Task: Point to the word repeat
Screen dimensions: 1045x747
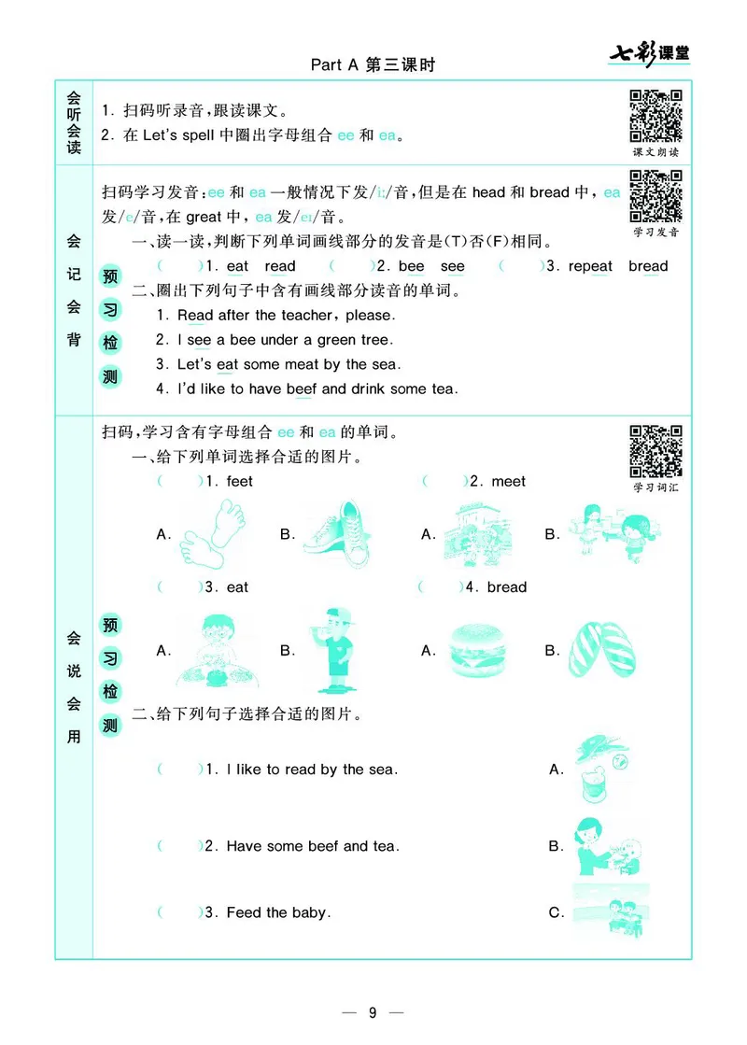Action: pyautogui.click(x=590, y=266)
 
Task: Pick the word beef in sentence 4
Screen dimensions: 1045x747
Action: pyautogui.click(x=302, y=388)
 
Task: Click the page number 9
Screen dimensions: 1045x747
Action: pyautogui.click(x=372, y=1013)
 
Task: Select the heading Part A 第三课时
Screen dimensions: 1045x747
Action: pyautogui.click(x=373, y=65)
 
